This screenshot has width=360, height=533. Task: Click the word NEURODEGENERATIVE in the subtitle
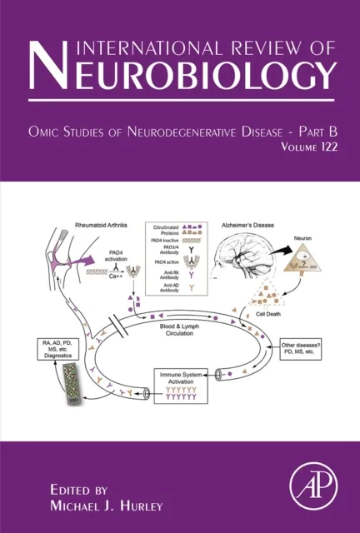pyautogui.click(x=203, y=130)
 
